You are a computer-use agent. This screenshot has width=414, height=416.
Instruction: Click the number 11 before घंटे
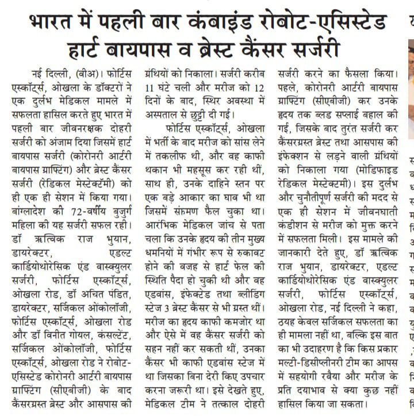point(150,88)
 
